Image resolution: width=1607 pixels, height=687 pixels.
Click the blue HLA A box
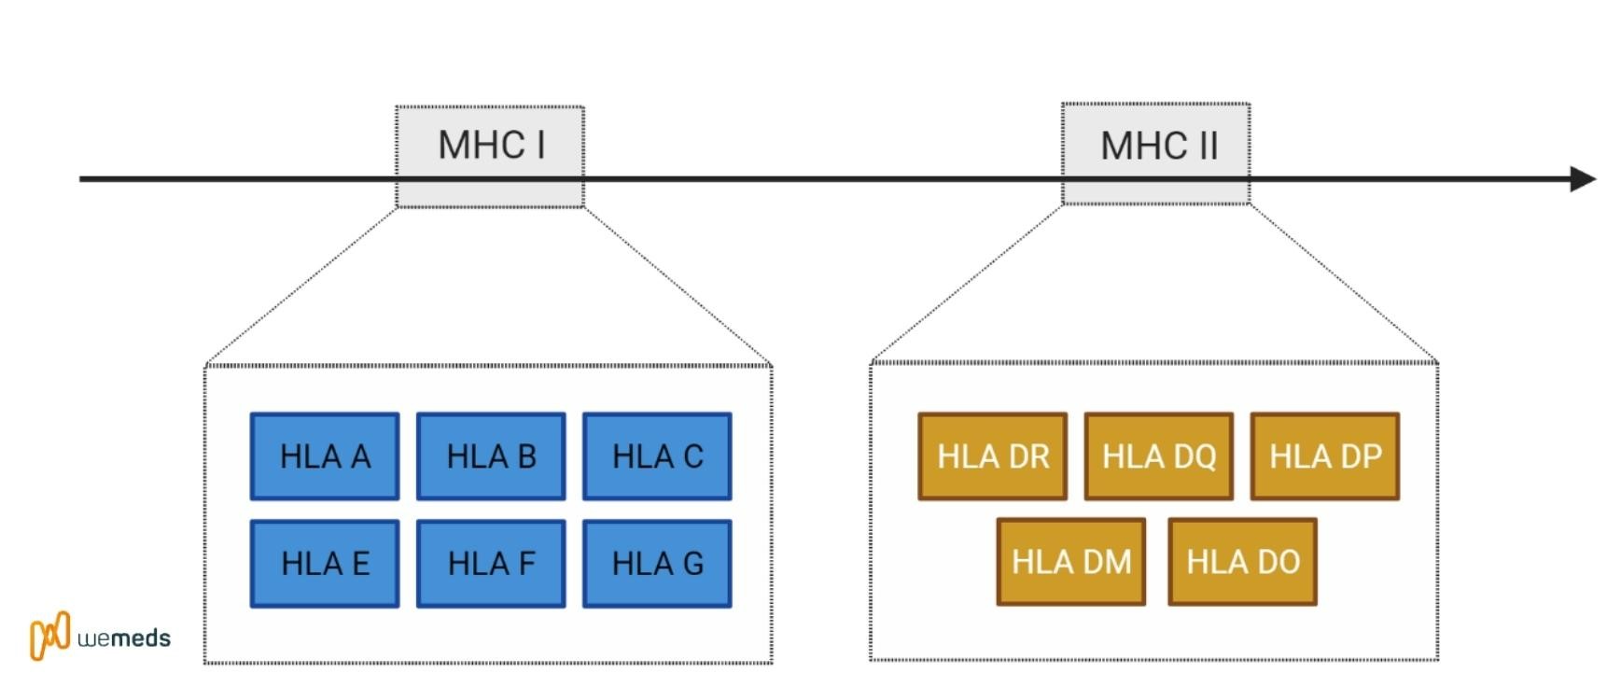click(325, 456)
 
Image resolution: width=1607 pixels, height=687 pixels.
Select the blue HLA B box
click(491, 456)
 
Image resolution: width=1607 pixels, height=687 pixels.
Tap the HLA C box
click(657, 456)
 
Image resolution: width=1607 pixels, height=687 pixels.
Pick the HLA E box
click(325, 564)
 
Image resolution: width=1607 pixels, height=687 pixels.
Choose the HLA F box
click(491, 564)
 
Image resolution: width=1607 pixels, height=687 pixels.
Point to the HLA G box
click(657, 564)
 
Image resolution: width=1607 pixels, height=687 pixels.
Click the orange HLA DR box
click(993, 456)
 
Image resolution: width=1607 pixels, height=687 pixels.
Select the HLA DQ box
click(1159, 456)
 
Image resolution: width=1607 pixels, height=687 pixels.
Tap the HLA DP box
click(1325, 456)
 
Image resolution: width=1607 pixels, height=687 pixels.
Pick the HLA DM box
click(1071, 562)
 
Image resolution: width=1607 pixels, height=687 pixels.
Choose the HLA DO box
click(1243, 562)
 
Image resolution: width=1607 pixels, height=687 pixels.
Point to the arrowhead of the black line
click(1584, 178)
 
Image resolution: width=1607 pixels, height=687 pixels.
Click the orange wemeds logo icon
click(50, 636)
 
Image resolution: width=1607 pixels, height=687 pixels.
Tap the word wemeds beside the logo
click(124, 639)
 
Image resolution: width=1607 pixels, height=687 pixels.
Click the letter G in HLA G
click(692, 564)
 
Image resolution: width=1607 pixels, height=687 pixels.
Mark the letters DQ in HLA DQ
click(1190, 456)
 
